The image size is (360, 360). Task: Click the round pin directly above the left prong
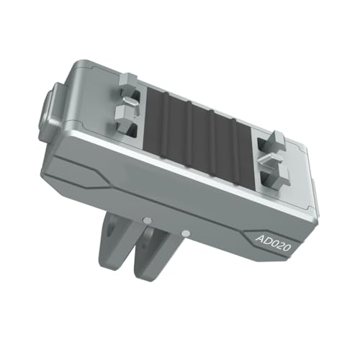tap(147, 220)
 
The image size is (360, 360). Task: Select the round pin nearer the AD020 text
tap(186, 233)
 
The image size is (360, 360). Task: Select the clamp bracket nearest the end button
tap(130, 104)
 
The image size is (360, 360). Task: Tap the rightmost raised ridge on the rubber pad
tap(234, 147)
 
